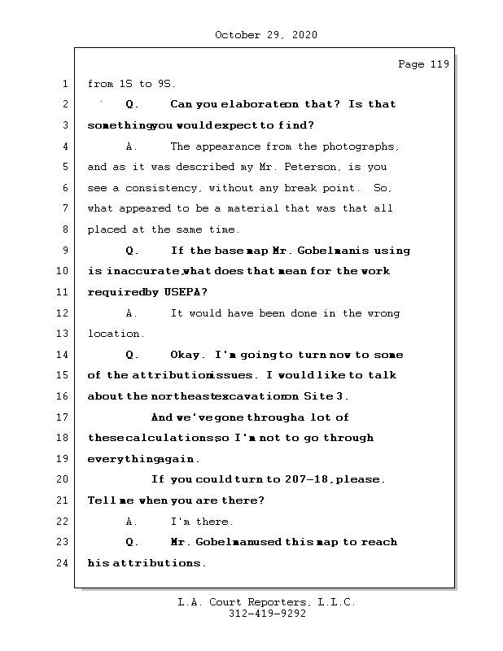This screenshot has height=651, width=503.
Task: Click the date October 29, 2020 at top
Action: click(x=265, y=35)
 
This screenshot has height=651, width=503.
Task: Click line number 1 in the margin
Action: click(x=63, y=84)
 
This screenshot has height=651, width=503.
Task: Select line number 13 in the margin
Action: click(x=63, y=334)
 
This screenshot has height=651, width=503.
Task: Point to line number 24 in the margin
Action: click(x=63, y=563)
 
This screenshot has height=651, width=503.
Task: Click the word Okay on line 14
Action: click(x=188, y=355)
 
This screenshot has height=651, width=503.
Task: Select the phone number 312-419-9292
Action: click(x=266, y=614)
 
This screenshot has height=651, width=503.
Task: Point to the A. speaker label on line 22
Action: click(x=131, y=522)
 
